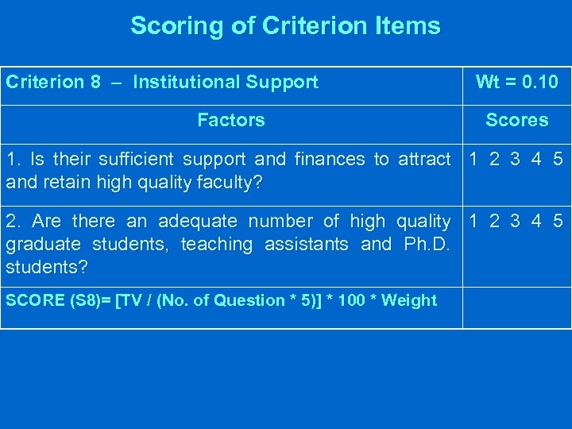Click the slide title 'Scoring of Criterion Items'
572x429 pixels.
(x=285, y=25)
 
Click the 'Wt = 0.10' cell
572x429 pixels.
(x=516, y=82)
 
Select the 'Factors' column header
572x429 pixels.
(x=230, y=120)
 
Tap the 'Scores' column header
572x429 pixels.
(x=516, y=120)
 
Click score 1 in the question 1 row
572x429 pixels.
(x=474, y=159)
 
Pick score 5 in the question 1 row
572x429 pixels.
(x=558, y=159)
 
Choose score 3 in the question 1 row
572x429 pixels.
(x=516, y=159)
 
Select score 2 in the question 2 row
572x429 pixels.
(x=495, y=221)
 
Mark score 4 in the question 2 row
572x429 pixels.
(x=537, y=221)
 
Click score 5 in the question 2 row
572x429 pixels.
(x=558, y=221)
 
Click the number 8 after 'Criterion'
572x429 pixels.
(x=95, y=82)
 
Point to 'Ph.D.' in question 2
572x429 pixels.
(x=427, y=244)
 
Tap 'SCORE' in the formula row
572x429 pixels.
(x=30, y=300)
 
